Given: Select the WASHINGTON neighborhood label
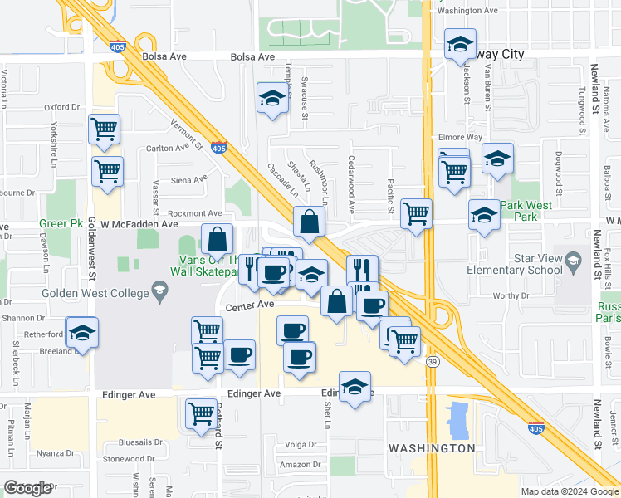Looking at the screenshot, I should point(432,448).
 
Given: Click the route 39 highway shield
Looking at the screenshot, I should point(431,362).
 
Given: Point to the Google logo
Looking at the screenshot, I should point(27,488).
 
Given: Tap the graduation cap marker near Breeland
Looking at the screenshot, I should point(81,334).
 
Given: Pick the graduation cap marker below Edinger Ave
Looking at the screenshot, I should point(355,386).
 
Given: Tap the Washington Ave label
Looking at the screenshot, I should point(467,11).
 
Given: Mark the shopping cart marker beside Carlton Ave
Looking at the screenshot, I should point(108,171).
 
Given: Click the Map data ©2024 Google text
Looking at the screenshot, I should point(569,491).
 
